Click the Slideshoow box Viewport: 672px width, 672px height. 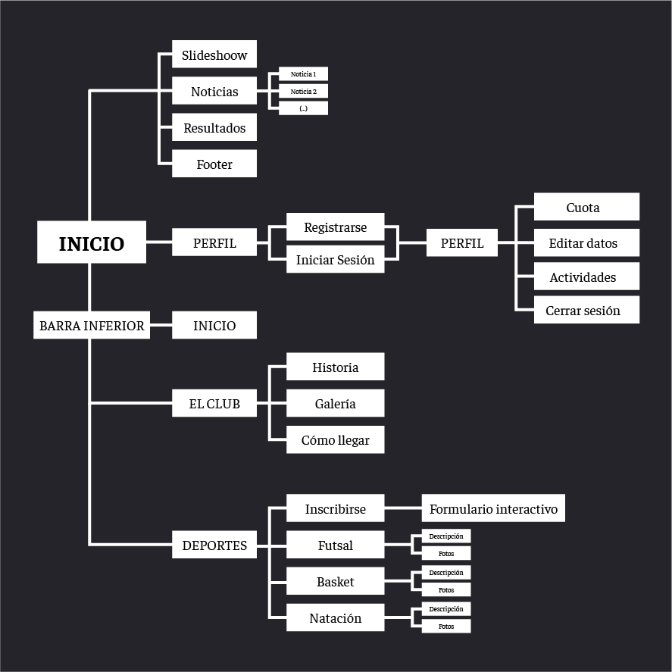(x=214, y=55)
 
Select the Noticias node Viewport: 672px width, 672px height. (x=214, y=92)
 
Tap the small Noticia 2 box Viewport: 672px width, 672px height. (x=303, y=91)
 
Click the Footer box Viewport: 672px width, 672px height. (x=214, y=164)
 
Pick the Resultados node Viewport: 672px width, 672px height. (x=214, y=128)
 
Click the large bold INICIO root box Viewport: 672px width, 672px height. (x=92, y=243)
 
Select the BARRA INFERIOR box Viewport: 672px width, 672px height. (x=92, y=326)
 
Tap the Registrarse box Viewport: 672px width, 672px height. (x=335, y=227)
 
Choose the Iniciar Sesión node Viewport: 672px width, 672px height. (x=335, y=260)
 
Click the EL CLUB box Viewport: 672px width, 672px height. (x=214, y=404)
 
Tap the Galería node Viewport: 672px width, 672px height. (x=335, y=404)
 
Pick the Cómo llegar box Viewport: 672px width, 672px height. (x=335, y=440)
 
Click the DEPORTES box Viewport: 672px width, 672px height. (x=214, y=545)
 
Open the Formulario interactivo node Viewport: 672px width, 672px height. (x=493, y=509)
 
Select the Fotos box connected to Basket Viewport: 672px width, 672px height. (x=446, y=590)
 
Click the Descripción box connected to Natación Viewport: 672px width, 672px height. (x=446, y=609)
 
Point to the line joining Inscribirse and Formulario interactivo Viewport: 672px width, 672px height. (x=403, y=509)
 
